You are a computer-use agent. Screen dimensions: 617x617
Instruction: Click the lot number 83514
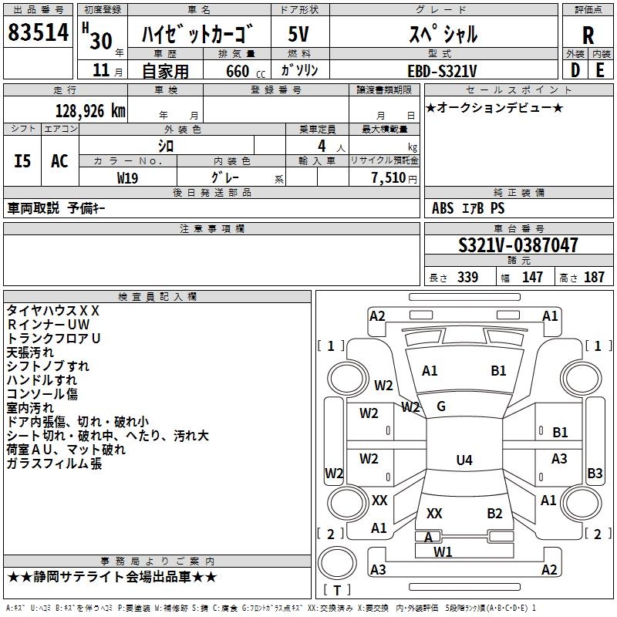39,34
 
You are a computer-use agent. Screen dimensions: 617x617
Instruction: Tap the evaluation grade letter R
588,35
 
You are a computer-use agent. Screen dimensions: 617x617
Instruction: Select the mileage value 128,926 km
90,111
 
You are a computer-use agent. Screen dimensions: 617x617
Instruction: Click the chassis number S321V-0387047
518,246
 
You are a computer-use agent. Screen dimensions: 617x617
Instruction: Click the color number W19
128,177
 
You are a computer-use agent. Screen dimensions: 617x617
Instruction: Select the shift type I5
22,161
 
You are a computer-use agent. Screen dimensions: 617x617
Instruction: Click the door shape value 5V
298,34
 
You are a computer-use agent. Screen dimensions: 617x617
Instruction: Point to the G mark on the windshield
441,406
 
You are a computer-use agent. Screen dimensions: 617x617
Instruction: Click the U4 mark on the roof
464,460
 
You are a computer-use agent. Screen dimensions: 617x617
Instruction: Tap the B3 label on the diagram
595,474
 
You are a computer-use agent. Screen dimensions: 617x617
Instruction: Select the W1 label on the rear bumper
443,551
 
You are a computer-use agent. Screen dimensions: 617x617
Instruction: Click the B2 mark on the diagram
495,514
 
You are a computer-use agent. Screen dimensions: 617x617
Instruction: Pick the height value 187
595,278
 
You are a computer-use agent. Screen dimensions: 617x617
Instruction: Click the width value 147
532,278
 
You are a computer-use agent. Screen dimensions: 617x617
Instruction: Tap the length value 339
467,278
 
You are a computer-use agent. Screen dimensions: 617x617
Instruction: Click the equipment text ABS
443,208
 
